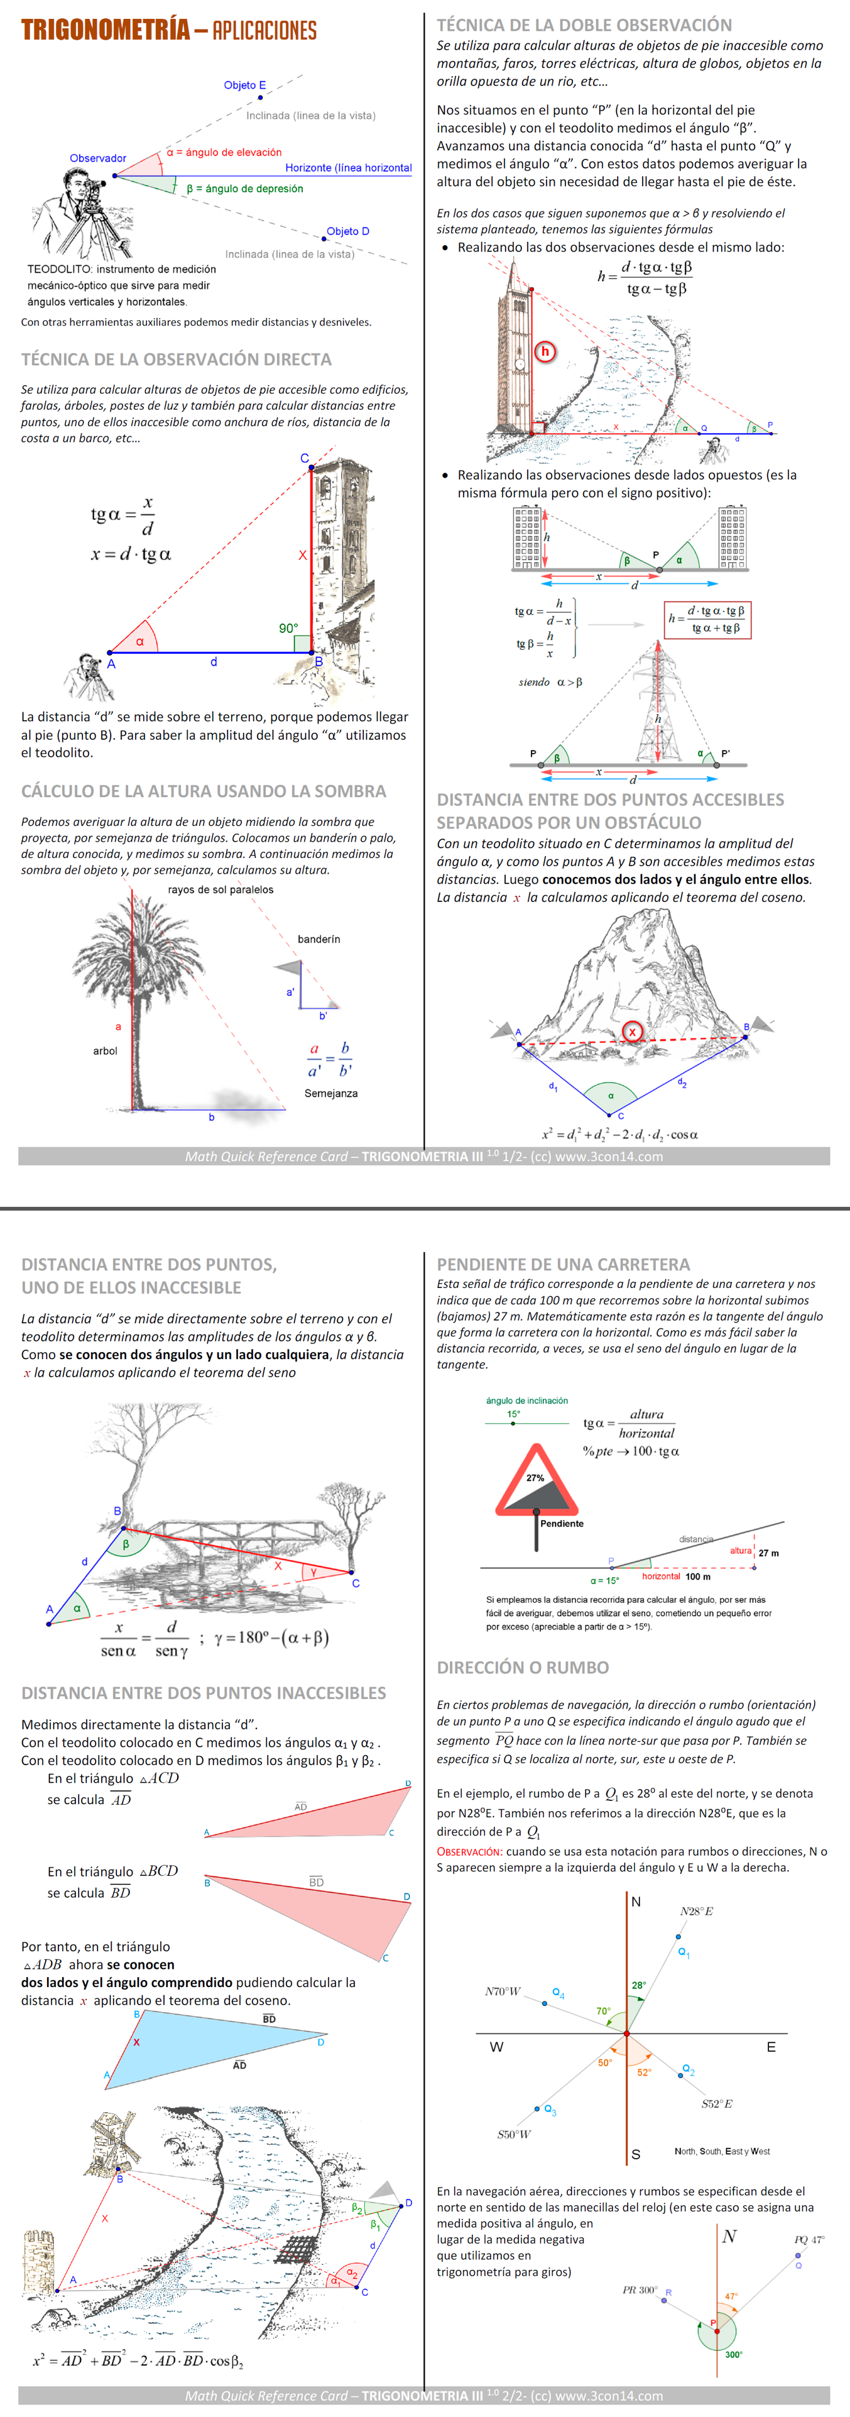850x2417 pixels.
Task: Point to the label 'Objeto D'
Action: pyautogui.click(x=347, y=231)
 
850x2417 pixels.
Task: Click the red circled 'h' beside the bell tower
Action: pyautogui.click(x=545, y=352)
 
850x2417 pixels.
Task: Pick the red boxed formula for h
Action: pyautogui.click(x=707, y=619)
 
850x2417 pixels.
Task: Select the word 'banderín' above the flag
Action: pyautogui.click(x=319, y=939)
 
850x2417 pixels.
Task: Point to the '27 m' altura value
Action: pyautogui.click(x=768, y=1553)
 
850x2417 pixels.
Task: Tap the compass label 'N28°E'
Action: pyautogui.click(x=696, y=1911)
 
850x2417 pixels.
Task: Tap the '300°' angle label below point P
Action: pyautogui.click(x=734, y=2354)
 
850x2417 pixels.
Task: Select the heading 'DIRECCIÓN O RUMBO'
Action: pyautogui.click(x=523, y=1667)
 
